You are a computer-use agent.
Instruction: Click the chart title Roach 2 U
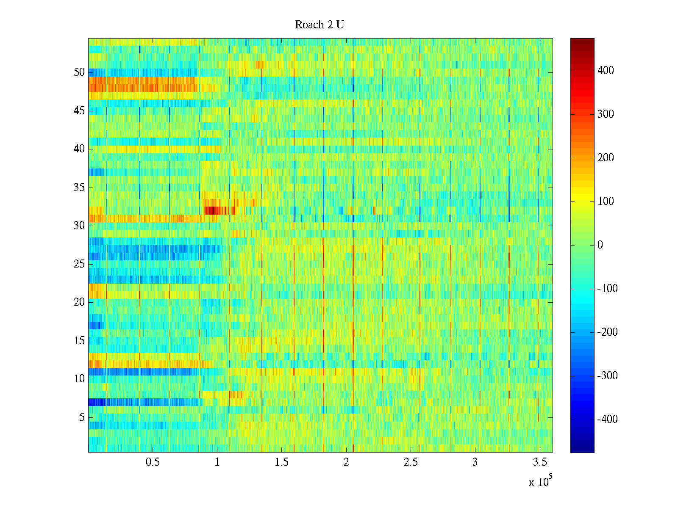point(319,25)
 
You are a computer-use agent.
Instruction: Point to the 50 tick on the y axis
point(79,72)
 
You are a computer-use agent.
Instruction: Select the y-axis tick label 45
point(79,111)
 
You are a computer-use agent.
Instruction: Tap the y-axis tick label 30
point(79,226)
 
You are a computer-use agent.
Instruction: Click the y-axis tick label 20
point(79,302)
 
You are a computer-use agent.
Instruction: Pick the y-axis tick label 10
point(79,379)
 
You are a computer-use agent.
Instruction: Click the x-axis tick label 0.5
point(153,462)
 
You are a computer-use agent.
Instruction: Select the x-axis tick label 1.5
point(281,462)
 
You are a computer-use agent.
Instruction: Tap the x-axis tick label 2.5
point(411,462)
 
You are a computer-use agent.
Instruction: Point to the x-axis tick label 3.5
point(539,462)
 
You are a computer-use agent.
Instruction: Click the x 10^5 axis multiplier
point(540,482)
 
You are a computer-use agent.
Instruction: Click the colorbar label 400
point(606,71)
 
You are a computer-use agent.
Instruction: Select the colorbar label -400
point(607,420)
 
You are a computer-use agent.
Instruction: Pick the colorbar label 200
point(606,158)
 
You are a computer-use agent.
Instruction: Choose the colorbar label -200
point(607,332)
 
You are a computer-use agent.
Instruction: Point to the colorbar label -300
point(607,376)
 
